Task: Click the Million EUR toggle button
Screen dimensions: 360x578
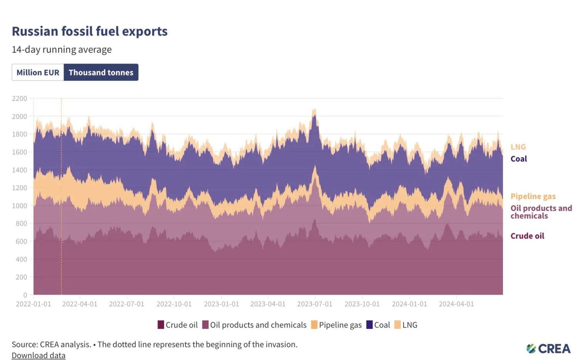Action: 38,72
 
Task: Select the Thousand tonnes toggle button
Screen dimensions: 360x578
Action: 101,72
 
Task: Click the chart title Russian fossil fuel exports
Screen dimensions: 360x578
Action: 89,31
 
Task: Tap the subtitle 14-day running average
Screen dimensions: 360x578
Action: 62,50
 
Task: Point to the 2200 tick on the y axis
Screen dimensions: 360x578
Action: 20,99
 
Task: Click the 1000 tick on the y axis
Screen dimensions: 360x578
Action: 20,206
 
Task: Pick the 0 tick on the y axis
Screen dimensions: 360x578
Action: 25,295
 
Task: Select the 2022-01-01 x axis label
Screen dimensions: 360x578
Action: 34,304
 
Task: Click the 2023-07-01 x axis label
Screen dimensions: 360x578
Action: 314,304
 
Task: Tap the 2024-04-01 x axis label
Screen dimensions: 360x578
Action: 456,304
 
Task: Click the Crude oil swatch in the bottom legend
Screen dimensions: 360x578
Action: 161,325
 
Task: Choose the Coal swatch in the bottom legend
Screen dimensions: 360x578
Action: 370,325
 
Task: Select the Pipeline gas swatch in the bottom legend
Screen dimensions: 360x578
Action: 314,325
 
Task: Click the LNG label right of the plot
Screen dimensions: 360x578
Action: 518,147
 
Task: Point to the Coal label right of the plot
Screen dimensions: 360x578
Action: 519,159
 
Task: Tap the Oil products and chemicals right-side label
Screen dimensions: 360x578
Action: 541,212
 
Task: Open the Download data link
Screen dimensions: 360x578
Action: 39,355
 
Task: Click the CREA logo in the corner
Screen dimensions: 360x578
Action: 548,349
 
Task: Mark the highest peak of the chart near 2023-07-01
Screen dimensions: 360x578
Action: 314,109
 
